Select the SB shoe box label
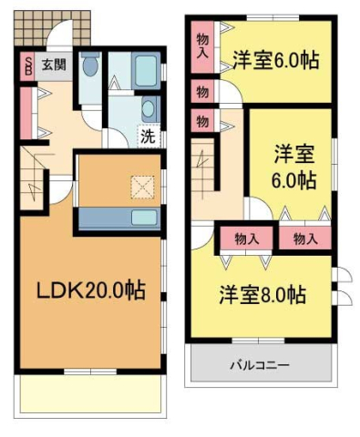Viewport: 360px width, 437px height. tap(27, 66)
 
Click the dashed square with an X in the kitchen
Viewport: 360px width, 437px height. tap(142, 186)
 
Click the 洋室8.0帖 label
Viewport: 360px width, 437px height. tap(262, 296)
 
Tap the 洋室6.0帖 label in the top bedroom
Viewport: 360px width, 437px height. tap(274, 61)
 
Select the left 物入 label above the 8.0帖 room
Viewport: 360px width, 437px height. tap(246, 239)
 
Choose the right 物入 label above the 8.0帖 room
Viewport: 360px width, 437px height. tap(305, 239)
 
